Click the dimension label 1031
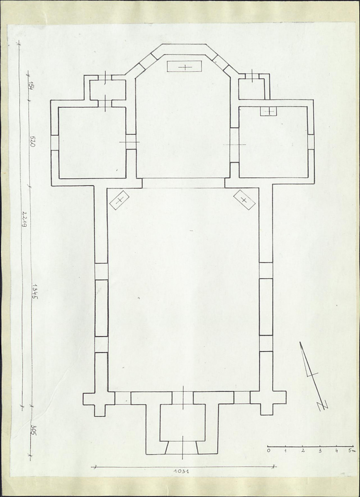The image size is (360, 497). click(x=181, y=471)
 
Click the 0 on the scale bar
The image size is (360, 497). click(x=269, y=450)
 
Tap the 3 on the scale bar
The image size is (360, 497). click(x=320, y=450)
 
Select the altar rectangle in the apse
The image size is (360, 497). click(x=185, y=66)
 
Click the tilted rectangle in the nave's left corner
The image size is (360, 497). click(x=119, y=200)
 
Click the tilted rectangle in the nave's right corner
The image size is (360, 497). click(x=244, y=200)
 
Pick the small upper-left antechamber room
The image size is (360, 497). click(x=107, y=90)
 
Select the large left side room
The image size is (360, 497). click(x=92, y=143)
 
